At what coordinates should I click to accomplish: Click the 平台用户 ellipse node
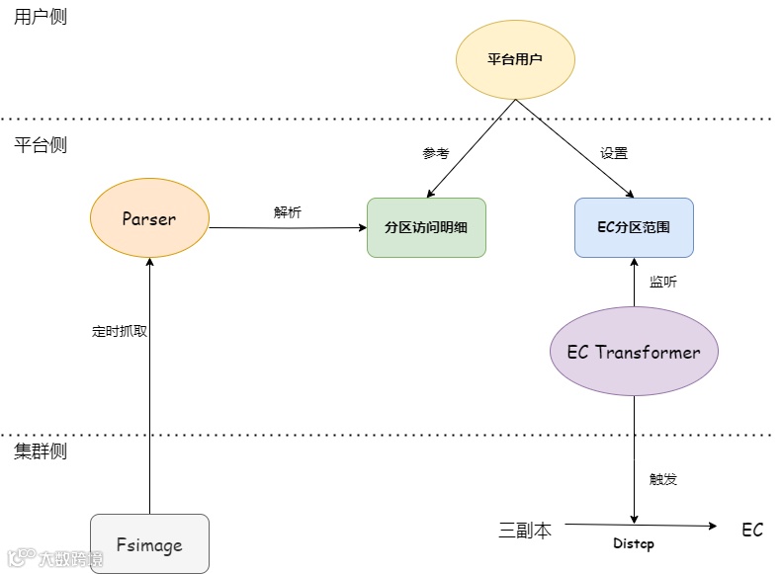[x=515, y=59]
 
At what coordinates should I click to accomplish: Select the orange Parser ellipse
[x=149, y=219]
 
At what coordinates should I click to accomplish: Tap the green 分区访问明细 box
[x=426, y=227]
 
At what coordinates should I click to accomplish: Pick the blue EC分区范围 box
[x=634, y=227]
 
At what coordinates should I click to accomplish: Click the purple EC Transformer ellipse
[x=634, y=352]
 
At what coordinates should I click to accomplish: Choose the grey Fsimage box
[x=149, y=544]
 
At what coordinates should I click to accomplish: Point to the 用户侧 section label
[x=41, y=17]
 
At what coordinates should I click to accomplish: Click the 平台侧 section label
[x=41, y=144]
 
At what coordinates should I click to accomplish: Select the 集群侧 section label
[x=41, y=451]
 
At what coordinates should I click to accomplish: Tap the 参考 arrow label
[x=436, y=153]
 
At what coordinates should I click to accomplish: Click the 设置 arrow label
[x=614, y=153]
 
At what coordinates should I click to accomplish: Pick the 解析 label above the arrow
[x=288, y=211]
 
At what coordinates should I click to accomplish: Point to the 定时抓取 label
[x=120, y=332]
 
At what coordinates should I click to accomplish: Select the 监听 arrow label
[x=663, y=282]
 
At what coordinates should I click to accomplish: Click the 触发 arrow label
[x=663, y=479]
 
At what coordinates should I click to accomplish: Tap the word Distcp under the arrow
[x=634, y=543]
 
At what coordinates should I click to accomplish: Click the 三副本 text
[x=525, y=530]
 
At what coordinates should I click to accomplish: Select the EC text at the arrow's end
[x=752, y=530]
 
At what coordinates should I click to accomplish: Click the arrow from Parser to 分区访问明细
[x=288, y=227]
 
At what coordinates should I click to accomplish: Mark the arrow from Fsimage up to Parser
[x=149, y=395]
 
